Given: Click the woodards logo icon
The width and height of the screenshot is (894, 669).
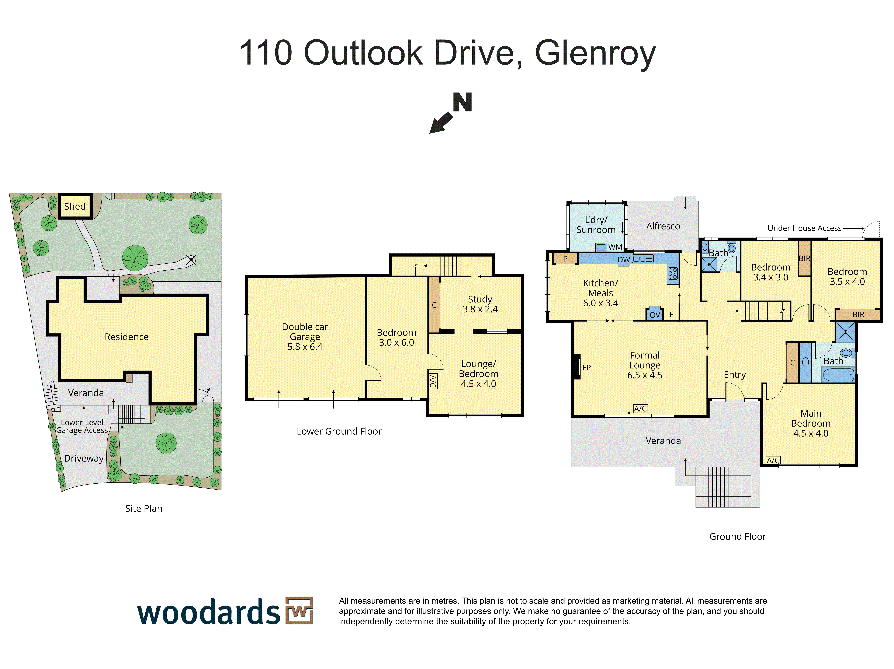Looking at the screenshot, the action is pos(299,610).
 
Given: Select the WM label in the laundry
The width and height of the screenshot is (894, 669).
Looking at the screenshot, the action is pos(615,247).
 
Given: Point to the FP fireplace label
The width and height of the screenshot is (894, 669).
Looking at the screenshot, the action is pos(586,368).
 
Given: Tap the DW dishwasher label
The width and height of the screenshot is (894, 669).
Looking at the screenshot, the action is pos(624,260).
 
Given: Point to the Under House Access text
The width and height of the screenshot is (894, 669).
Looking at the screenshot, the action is pos(804,228).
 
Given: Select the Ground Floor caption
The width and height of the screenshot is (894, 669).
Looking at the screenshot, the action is pos(738,536).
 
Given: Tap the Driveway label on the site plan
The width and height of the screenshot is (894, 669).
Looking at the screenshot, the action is pos(84,459).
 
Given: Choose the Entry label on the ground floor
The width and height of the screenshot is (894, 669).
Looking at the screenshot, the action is pos(735,375).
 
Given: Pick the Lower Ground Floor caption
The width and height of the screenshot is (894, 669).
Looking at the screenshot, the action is pos(339,431).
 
